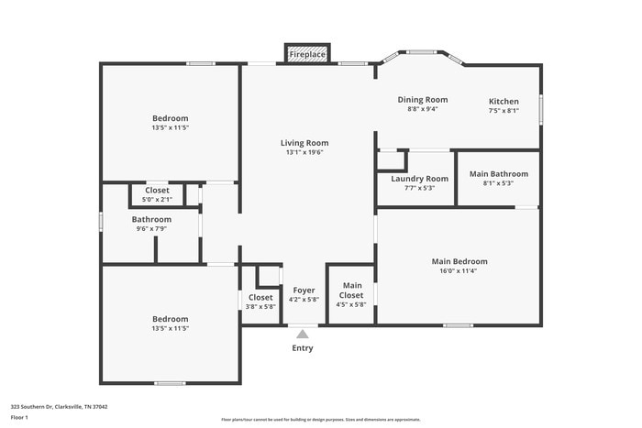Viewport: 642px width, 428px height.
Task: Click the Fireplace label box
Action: click(x=306, y=54)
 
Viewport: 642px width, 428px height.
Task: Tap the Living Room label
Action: click(x=304, y=143)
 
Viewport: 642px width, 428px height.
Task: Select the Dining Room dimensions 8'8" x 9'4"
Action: click(x=423, y=109)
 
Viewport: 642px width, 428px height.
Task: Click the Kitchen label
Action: click(x=504, y=101)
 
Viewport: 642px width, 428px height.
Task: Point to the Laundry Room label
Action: click(x=419, y=179)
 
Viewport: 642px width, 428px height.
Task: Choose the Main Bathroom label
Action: click(x=498, y=173)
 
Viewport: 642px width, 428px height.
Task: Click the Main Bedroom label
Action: click(x=459, y=261)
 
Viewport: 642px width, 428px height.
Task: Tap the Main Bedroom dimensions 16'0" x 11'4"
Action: click(x=459, y=270)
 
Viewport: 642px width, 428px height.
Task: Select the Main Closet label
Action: click(x=351, y=291)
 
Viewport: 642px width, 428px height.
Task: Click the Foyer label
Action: click(x=304, y=290)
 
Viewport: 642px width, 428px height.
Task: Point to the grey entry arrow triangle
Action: click(x=303, y=335)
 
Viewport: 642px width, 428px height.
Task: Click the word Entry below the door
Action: click(x=303, y=348)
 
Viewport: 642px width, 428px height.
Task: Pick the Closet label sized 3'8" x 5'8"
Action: click(x=260, y=297)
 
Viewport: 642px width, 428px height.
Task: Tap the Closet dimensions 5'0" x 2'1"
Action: click(x=157, y=199)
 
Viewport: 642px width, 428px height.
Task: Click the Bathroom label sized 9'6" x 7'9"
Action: click(x=151, y=219)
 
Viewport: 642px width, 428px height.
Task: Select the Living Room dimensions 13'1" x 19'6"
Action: click(x=304, y=152)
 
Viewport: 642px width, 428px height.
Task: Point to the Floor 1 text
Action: click(x=20, y=417)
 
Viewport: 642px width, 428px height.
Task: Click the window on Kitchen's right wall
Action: click(x=541, y=108)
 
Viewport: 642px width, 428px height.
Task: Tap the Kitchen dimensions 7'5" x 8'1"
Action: click(x=504, y=110)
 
